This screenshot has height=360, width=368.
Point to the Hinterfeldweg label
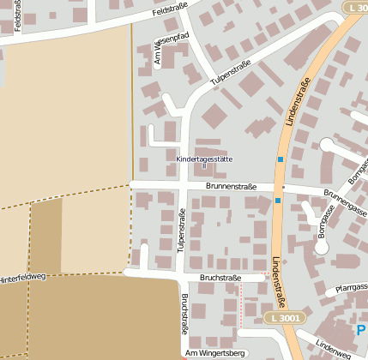[21, 279]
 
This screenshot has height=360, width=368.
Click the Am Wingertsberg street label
[214, 353]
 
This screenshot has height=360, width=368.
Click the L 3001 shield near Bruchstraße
[283, 317]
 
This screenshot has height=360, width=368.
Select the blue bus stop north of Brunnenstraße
[280, 160]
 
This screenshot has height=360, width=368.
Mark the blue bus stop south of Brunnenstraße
[277, 201]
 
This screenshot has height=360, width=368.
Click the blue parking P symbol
[360, 329]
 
